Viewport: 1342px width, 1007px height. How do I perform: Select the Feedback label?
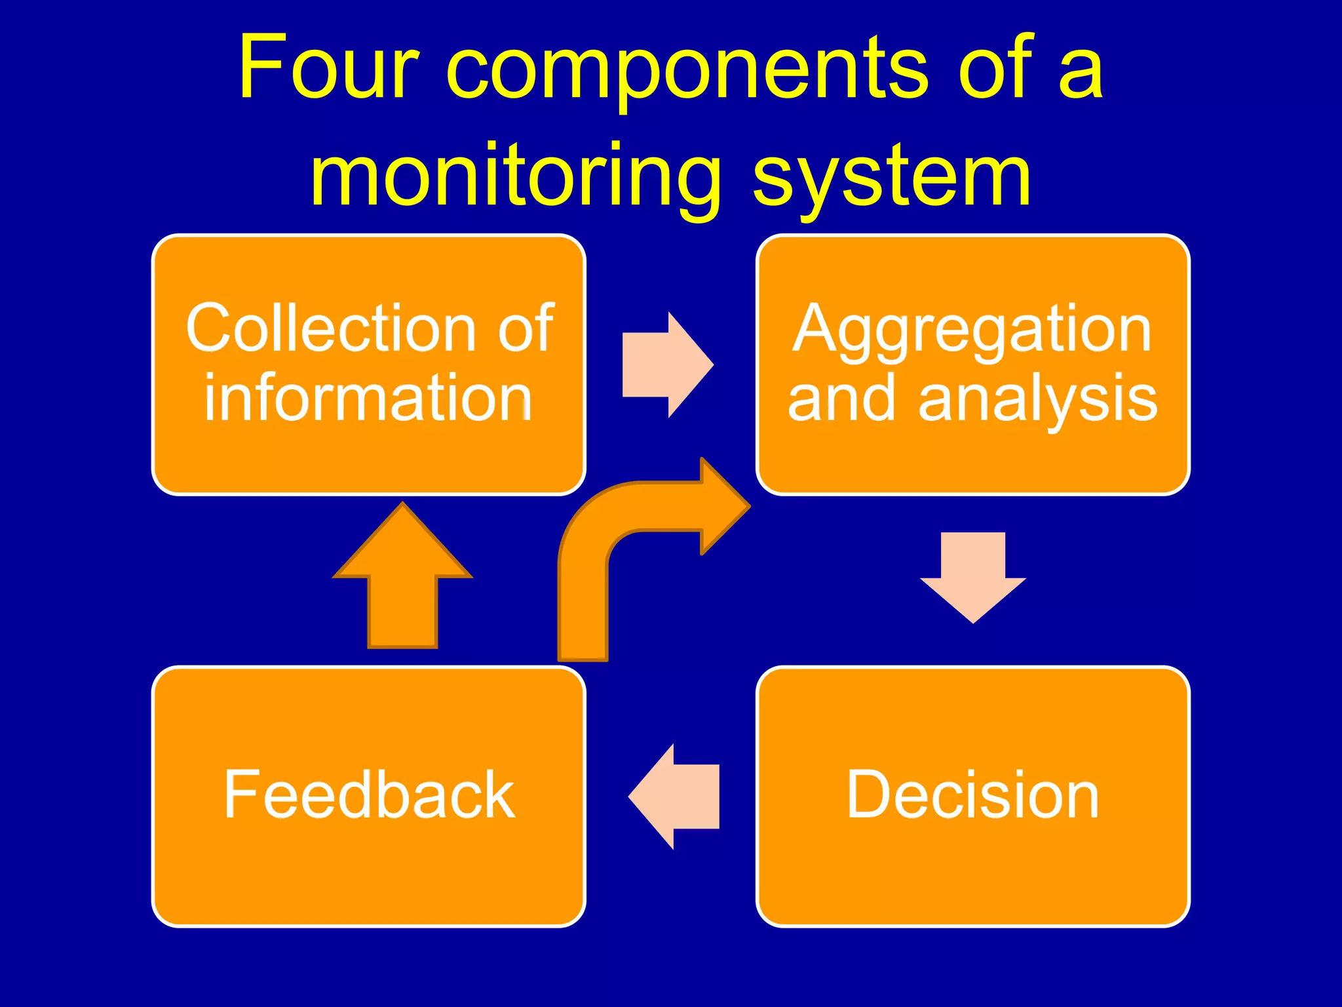point(369,795)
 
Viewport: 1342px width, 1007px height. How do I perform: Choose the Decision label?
point(972,795)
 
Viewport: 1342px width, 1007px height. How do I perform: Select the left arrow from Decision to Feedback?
point(675,796)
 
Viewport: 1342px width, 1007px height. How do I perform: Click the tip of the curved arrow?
point(747,505)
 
